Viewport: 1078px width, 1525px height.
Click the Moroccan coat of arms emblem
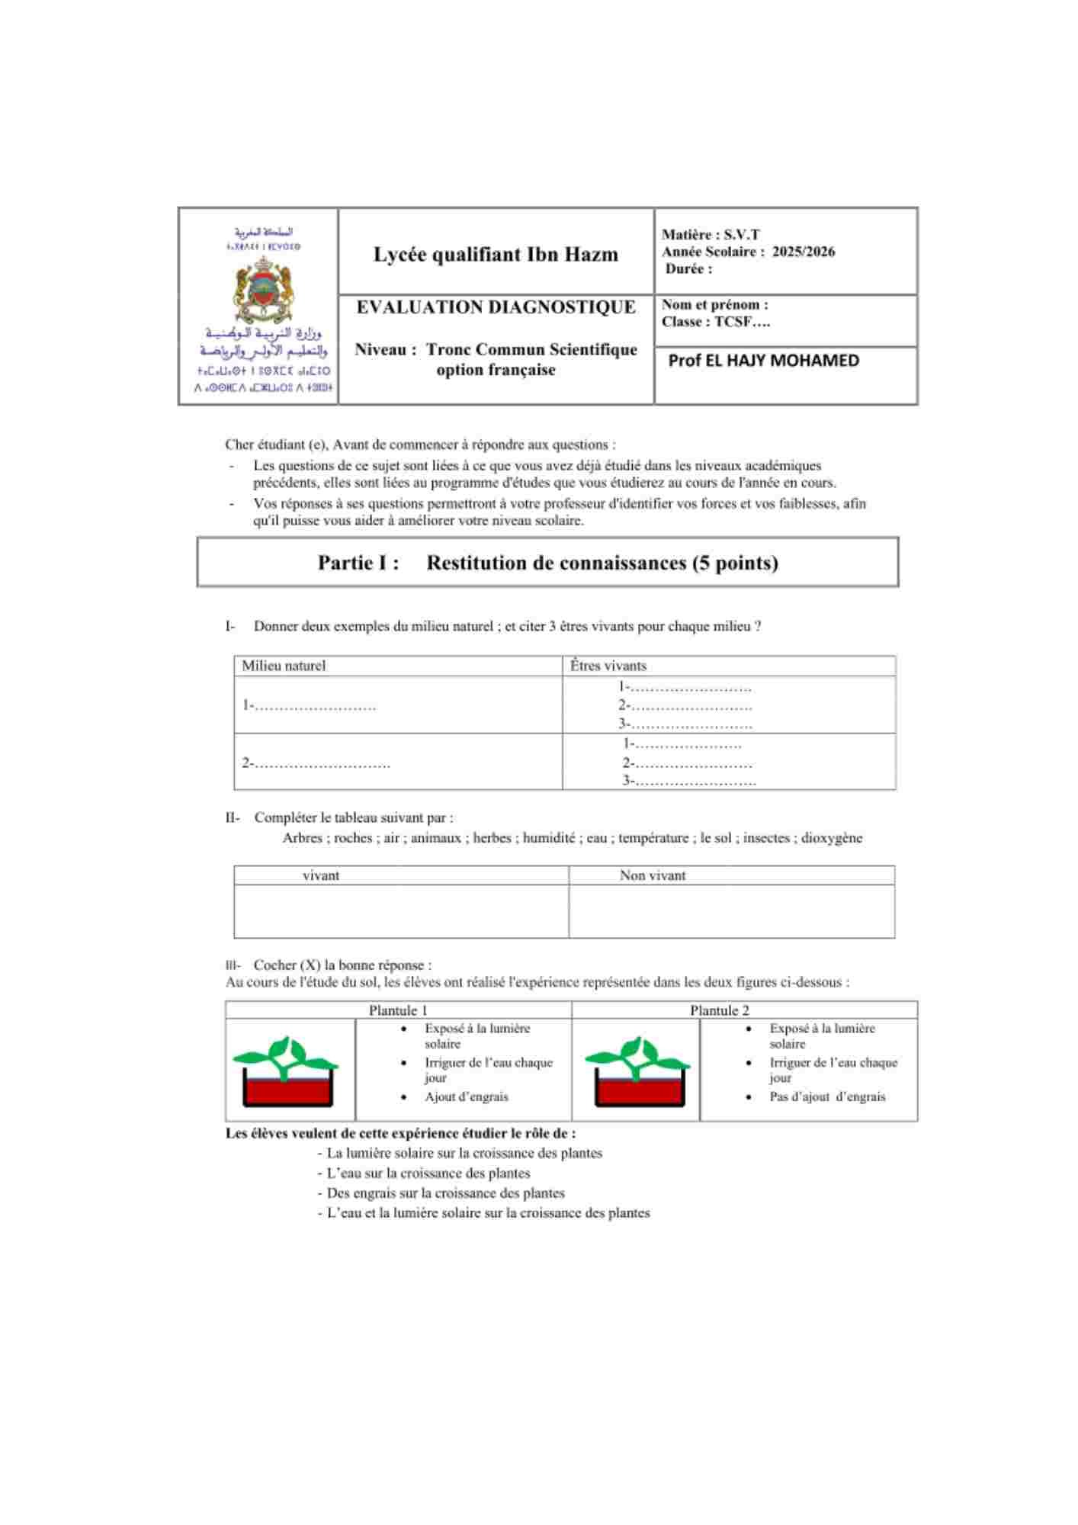(x=263, y=291)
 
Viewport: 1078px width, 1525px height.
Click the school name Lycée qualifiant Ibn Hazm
(x=496, y=255)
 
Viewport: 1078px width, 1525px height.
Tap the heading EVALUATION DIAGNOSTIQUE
(x=496, y=307)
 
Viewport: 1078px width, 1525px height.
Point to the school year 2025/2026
(x=803, y=252)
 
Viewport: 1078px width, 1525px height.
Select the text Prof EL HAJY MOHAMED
(x=763, y=361)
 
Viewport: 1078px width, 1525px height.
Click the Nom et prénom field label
(x=714, y=305)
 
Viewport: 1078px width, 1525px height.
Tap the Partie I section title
(x=547, y=563)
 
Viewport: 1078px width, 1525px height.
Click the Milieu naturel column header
(x=284, y=666)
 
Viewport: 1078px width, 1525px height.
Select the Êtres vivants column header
(x=608, y=666)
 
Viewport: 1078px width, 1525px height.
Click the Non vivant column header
(x=653, y=875)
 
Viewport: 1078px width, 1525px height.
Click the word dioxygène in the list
(x=832, y=838)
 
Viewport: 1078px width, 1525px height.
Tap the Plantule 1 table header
(x=398, y=1010)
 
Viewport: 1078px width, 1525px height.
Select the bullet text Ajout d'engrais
(x=467, y=1096)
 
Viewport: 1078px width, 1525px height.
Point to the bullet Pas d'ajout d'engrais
(x=827, y=1096)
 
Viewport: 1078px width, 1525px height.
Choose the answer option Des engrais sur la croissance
(x=445, y=1193)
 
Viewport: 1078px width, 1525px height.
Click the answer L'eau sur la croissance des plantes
(x=428, y=1173)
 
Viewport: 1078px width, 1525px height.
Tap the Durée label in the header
(x=688, y=269)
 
